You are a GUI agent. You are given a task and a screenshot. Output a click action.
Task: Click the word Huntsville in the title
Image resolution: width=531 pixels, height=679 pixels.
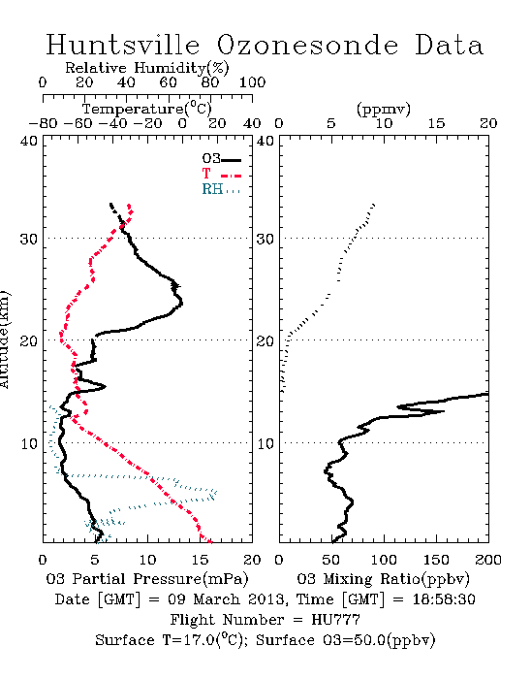click(123, 45)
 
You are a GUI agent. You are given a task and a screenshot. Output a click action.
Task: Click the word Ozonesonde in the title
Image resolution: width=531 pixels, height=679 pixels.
click(307, 45)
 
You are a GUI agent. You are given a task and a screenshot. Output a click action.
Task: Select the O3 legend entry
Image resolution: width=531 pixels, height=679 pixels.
click(221, 159)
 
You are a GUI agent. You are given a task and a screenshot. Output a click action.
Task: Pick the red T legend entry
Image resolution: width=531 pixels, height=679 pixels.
click(221, 174)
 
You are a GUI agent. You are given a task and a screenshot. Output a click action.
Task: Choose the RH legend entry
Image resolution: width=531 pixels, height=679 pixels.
click(221, 189)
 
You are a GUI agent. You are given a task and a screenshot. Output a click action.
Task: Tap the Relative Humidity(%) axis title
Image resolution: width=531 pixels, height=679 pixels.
click(147, 68)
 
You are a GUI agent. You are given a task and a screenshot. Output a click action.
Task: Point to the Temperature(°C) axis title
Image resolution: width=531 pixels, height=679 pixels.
click(147, 109)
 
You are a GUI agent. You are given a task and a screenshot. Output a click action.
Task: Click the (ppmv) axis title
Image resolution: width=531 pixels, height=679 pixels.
click(384, 109)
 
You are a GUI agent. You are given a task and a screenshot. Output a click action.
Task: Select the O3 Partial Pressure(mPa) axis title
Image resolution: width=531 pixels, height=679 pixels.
click(147, 579)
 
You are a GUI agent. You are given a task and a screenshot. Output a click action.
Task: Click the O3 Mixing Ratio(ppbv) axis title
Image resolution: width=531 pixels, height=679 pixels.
click(383, 579)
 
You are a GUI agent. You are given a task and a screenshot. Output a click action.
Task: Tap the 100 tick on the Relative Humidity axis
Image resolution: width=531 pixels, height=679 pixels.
click(252, 82)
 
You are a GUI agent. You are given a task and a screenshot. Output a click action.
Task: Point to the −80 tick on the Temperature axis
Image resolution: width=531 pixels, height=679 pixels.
click(43, 123)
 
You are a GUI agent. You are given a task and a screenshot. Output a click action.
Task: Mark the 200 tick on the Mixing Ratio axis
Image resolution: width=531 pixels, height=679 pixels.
click(488, 560)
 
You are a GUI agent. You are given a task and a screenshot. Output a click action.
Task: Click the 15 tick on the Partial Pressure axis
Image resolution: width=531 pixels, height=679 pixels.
click(200, 560)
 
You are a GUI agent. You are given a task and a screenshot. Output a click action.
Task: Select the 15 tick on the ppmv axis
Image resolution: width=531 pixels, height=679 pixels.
click(436, 123)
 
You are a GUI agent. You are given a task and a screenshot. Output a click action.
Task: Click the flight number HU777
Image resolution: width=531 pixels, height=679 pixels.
click(335, 620)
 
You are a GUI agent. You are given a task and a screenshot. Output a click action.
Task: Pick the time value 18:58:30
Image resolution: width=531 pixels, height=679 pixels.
click(444, 599)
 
